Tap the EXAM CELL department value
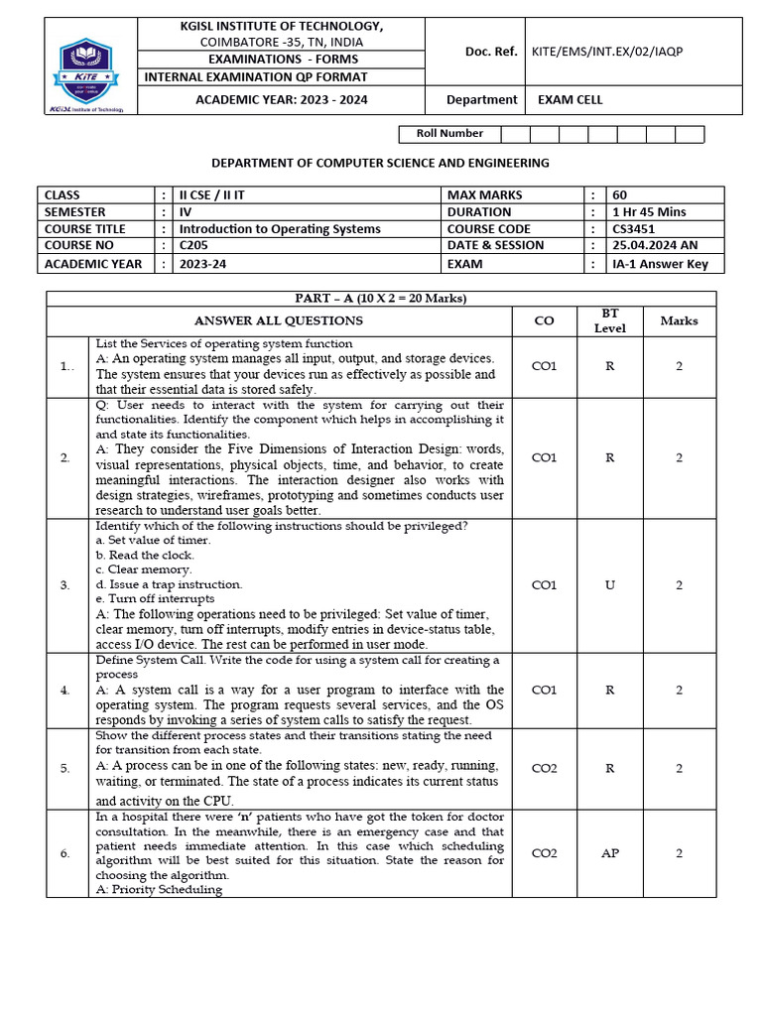pos(570,99)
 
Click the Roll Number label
pos(449,134)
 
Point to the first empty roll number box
pos(515,134)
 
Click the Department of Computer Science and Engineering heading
pos(381,163)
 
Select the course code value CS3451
pos(635,229)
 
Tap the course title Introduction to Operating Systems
pos(279,229)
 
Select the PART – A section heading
pos(381,299)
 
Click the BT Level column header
pos(609,320)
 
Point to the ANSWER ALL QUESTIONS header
pos(279,320)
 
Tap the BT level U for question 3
pos(609,585)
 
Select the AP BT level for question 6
pos(609,853)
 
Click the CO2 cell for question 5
pos(544,768)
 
